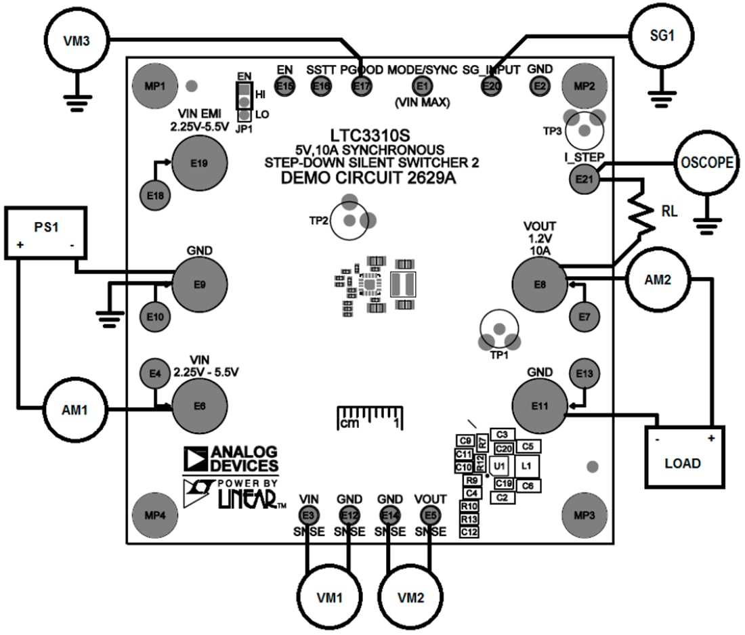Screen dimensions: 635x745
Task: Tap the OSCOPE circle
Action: pyautogui.click(x=706, y=163)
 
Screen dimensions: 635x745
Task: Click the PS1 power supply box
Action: pyautogui.click(x=46, y=233)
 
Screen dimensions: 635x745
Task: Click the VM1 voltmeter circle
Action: pyautogui.click(x=330, y=598)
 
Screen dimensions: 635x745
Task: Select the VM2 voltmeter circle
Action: pyautogui.click(x=410, y=598)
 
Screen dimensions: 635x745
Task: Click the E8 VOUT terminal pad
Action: pyautogui.click(x=539, y=285)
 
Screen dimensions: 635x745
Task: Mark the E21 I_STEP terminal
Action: pyautogui.click(x=582, y=179)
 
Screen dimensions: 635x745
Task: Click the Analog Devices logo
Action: pyautogui.click(x=230, y=458)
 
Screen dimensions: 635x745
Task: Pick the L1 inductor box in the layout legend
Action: pyautogui.click(x=526, y=466)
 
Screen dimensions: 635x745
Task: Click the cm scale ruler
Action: pyautogui.click(x=370, y=417)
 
